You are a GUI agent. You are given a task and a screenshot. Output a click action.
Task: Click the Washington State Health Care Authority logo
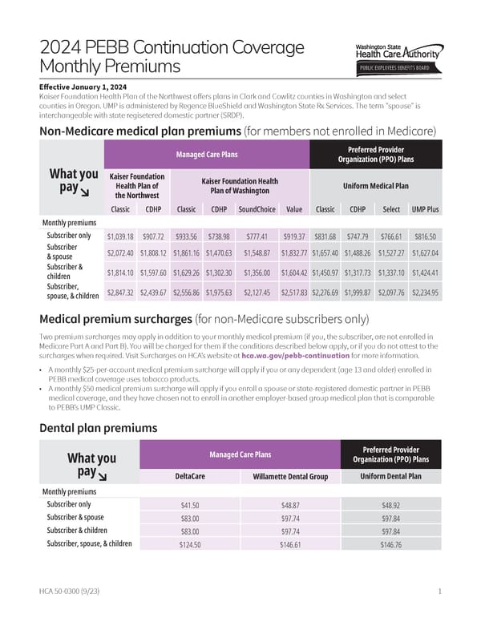click(396, 55)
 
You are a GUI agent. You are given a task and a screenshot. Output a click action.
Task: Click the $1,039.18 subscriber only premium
click(120, 236)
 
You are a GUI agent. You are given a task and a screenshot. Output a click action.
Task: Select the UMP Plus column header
click(426, 209)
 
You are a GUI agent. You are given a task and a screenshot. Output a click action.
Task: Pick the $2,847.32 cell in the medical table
click(120, 293)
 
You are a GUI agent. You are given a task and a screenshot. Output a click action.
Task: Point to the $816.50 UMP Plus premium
click(426, 236)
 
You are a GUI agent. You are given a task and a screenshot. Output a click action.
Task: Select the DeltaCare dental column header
click(190, 476)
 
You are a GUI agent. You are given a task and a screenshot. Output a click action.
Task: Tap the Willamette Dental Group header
click(290, 476)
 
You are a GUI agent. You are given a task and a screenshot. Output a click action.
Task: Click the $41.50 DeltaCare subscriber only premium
click(190, 506)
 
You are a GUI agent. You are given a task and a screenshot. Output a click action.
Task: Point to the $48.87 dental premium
click(290, 506)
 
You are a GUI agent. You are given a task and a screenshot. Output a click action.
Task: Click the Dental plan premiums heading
click(92, 428)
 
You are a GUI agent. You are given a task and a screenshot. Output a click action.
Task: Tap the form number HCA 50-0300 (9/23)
click(71, 592)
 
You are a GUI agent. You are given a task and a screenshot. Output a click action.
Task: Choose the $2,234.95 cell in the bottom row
click(425, 293)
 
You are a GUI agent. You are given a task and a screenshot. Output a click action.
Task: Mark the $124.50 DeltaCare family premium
click(190, 545)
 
